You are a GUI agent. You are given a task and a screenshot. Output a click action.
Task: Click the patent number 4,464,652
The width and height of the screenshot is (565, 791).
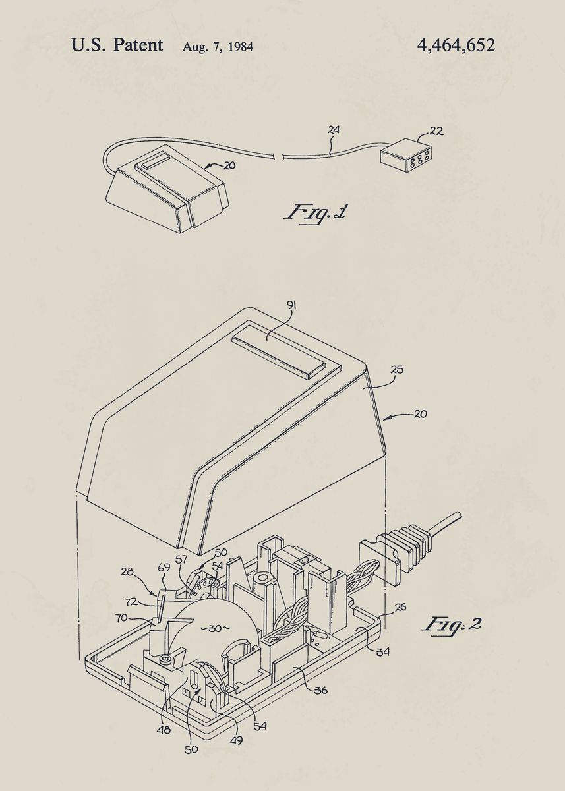pos(456,45)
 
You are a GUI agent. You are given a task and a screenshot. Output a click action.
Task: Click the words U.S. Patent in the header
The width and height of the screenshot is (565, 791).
pos(117,45)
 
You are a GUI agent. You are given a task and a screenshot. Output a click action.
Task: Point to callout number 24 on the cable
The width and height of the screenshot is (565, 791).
pos(334,131)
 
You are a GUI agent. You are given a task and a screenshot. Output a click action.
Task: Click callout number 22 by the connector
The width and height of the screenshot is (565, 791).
pos(436,131)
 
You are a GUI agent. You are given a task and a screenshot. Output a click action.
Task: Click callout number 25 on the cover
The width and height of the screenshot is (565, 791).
pos(397,370)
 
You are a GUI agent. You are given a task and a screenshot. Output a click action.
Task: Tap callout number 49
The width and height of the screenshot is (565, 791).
pos(236,740)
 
